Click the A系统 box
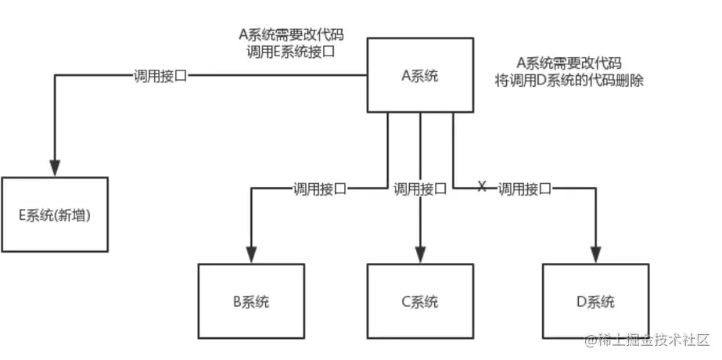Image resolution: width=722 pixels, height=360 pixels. [419, 76]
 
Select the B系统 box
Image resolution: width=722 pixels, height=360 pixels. [251, 301]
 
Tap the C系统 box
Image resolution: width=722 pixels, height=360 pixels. [420, 301]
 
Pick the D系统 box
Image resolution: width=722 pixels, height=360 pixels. [595, 301]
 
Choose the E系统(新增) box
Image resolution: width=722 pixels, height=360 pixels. [55, 214]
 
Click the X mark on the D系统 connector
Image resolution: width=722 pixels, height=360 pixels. [482, 186]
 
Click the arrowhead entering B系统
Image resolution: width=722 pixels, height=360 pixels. [251, 255]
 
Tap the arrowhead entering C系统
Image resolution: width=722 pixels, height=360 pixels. [420, 255]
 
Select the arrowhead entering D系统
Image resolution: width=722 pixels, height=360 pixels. [595, 255]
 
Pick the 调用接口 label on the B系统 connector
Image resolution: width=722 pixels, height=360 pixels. [319, 188]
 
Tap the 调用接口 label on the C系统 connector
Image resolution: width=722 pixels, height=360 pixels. [420, 188]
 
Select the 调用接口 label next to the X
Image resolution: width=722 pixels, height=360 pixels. [525, 188]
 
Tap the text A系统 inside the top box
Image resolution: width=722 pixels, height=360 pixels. [419, 76]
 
